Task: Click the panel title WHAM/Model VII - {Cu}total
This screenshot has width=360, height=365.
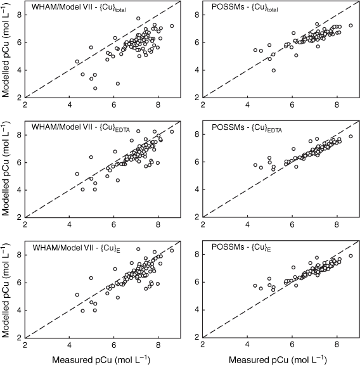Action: [x=79, y=7]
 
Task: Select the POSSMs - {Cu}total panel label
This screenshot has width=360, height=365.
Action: [x=245, y=7]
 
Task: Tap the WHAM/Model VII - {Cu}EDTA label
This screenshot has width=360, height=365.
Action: [x=80, y=127]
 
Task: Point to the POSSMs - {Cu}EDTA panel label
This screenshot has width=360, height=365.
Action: [x=247, y=127]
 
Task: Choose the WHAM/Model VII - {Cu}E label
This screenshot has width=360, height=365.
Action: [x=77, y=248]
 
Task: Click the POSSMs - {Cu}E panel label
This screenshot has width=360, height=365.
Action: [x=241, y=247]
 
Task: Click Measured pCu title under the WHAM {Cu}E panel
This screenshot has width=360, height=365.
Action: [x=101, y=360]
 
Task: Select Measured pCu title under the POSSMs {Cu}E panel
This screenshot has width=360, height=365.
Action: [x=278, y=360]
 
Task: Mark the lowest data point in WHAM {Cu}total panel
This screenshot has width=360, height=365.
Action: [x=95, y=88]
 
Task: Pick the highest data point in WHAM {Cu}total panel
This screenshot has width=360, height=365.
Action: [x=138, y=18]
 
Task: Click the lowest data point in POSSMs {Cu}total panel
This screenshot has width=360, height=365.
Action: [x=274, y=70]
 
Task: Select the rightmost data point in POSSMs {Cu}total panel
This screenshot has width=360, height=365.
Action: [x=350, y=25]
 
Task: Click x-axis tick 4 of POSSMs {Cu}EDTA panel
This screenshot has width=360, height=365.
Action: [x=248, y=224]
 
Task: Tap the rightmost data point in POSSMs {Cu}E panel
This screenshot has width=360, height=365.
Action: [x=350, y=256]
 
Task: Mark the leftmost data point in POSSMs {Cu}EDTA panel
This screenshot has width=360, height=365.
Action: [x=255, y=165]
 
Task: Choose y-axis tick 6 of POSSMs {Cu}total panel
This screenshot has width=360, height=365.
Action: [x=197, y=42]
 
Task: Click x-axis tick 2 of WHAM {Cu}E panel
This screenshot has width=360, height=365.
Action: [x=25, y=345]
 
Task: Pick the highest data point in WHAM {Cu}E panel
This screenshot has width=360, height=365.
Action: [x=138, y=249]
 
